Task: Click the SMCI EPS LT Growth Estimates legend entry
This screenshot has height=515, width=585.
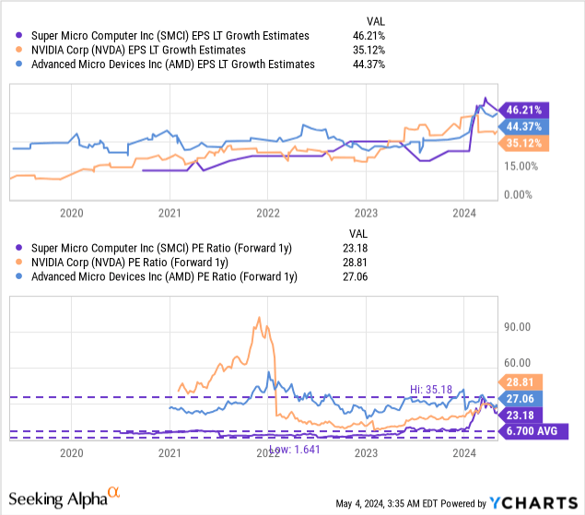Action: pyautogui.click(x=166, y=35)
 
